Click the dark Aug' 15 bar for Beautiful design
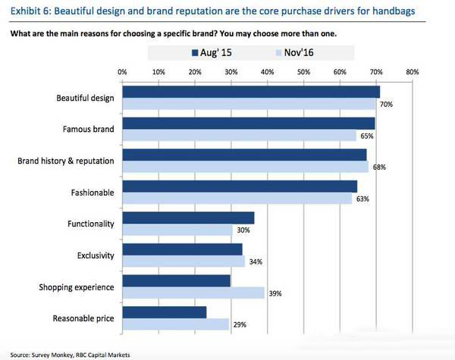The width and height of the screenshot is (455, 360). click(250, 92)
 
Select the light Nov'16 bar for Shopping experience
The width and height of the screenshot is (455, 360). click(193, 293)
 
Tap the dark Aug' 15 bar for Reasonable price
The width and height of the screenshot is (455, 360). click(164, 312)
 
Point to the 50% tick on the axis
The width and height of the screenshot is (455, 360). click(303, 71)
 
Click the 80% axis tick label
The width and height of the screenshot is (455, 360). click(412, 71)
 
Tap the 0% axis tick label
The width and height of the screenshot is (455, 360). click(123, 71)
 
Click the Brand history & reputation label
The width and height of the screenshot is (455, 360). click(66, 161)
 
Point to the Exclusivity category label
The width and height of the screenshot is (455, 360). click(96, 255)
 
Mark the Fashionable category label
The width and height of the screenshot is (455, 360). click(92, 193)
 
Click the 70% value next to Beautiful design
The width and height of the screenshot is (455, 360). click(386, 104)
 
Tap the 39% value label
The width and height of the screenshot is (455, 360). click(275, 293)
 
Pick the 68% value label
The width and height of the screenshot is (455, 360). click(379, 167)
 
